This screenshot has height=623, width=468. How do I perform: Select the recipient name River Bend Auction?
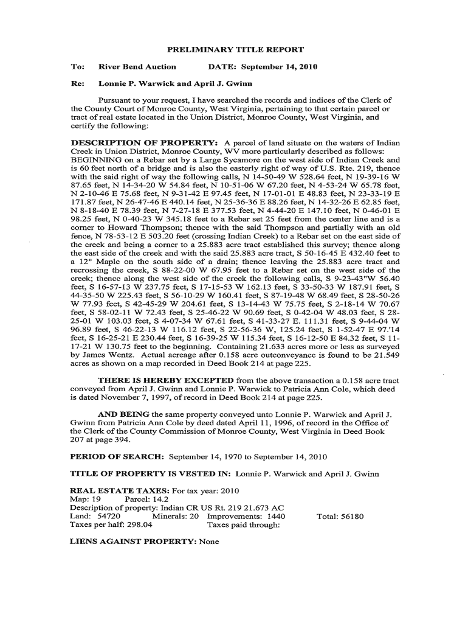tap(137, 66)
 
